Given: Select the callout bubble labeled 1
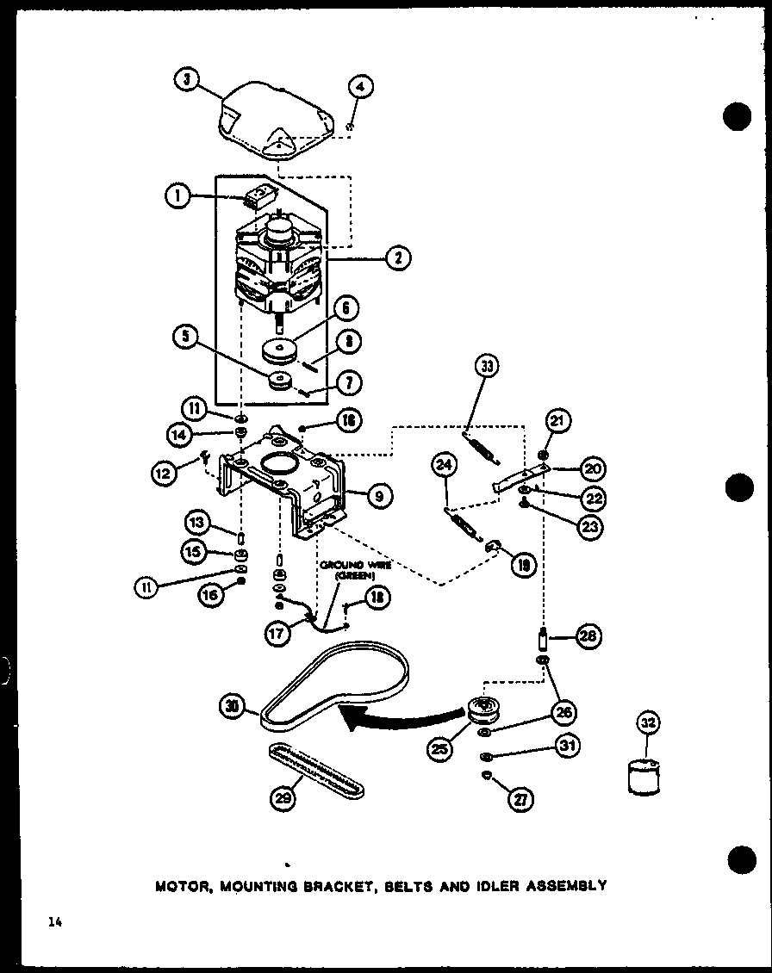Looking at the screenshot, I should pyautogui.click(x=177, y=197).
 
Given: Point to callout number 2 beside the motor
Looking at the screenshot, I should pyautogui.click(x=398, y=256).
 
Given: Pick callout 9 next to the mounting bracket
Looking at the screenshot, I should pyautogui.click(x=378, y=494).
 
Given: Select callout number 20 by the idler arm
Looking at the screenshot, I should pyautogui.click(x=593, y=468).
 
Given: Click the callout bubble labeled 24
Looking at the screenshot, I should pyautogui.click(x=445, y=468).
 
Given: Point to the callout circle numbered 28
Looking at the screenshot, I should pyautogui.click(x=589, y=638).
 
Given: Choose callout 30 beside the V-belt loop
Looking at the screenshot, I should pyautogui.click(x=232, y=708).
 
